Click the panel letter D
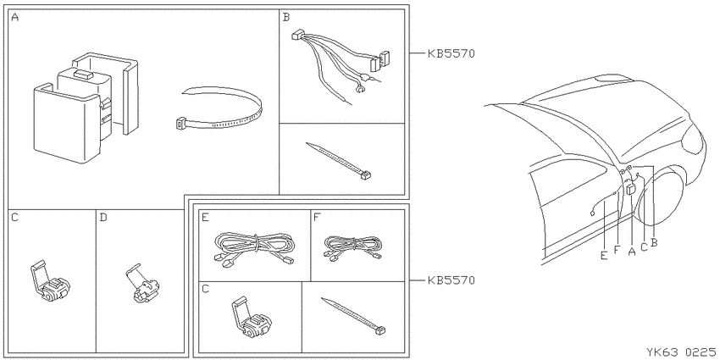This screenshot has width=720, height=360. pos(102,217)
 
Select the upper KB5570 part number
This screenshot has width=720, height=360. pos(451,53)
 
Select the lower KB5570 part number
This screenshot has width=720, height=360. pos(451,280)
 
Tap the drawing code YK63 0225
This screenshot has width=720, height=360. pos(681,352)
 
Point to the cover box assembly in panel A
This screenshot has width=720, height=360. pos(86,108)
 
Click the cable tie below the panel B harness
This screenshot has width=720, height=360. pos(339,160)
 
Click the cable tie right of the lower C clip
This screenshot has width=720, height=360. pos(353,317)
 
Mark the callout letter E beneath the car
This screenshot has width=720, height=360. pos(604,256)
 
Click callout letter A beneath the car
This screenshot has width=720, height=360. pos(631,252)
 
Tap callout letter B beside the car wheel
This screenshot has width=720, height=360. pos(654,242)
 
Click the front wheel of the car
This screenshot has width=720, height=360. pos(664,197)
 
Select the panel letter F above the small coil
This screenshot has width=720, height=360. pos(316,217)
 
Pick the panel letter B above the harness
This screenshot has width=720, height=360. pos(286,18)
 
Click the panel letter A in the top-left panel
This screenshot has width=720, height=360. pos(14,18)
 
